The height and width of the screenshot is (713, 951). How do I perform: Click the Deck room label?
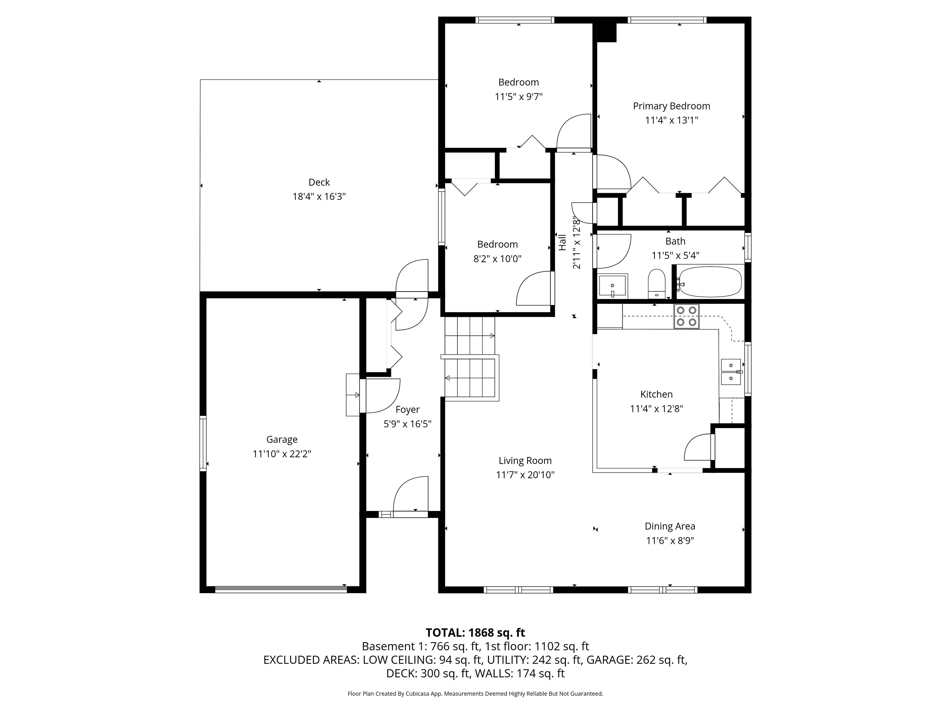pos(319,182)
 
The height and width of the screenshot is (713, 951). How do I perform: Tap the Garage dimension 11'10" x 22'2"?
pos(282,454)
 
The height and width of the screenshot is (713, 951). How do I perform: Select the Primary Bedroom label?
pos(672,106)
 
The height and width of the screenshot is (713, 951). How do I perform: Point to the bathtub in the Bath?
pos(710,281)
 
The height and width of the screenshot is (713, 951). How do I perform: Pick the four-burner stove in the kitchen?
pos(686,316)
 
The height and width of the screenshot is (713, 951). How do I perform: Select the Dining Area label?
pos(670,526)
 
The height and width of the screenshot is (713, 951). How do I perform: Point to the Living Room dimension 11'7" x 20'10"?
pos(525,475)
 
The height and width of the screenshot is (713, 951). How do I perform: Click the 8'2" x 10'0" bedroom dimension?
pos(498,259)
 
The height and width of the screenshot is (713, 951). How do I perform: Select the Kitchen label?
pos(657,394)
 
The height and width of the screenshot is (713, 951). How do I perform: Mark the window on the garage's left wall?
pos(203,443)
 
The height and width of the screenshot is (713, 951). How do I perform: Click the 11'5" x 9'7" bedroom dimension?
pos(519,97)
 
